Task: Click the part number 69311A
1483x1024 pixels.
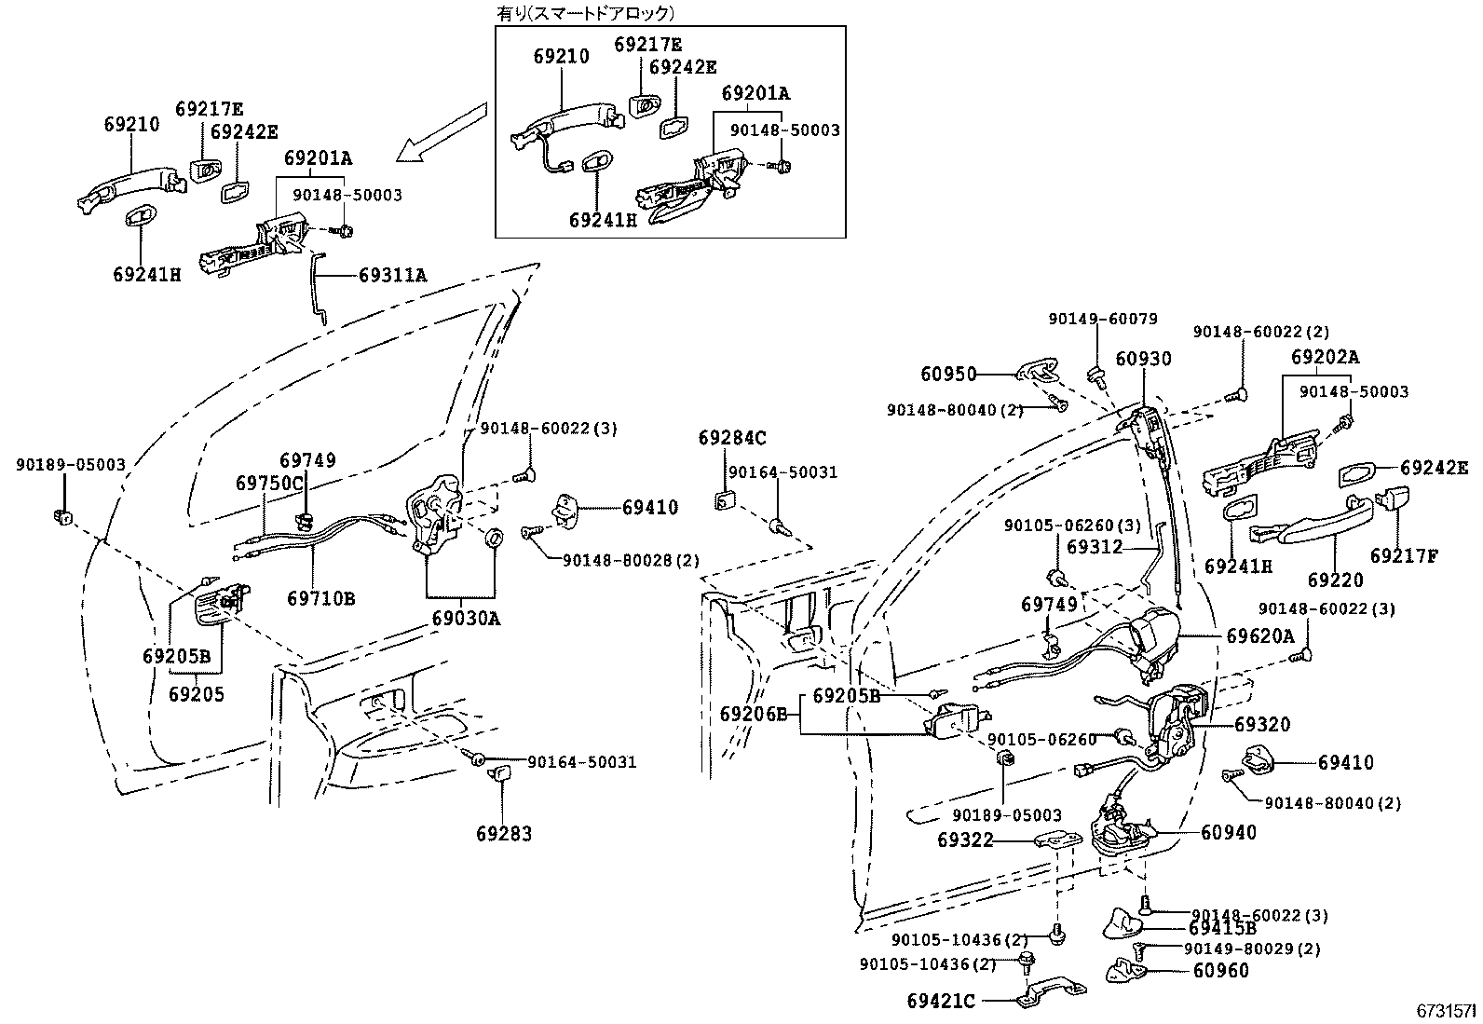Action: tap(392, 275)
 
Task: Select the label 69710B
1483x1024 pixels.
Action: tap(321, 598)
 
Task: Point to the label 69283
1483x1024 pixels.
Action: tap(504, 834)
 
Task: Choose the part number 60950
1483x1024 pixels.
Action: tap(948, 375)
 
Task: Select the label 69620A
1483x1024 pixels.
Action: tap(1260, 635)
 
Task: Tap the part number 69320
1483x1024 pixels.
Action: tap(1263, 725)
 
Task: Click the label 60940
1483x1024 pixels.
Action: tap(1229, 832)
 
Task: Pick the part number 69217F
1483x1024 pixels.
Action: tap(1405, 556)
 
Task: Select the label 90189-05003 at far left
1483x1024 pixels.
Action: tap(70, 464)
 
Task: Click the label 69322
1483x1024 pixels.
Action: tap(966, 840)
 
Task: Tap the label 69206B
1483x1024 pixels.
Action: tap(754, 714)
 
